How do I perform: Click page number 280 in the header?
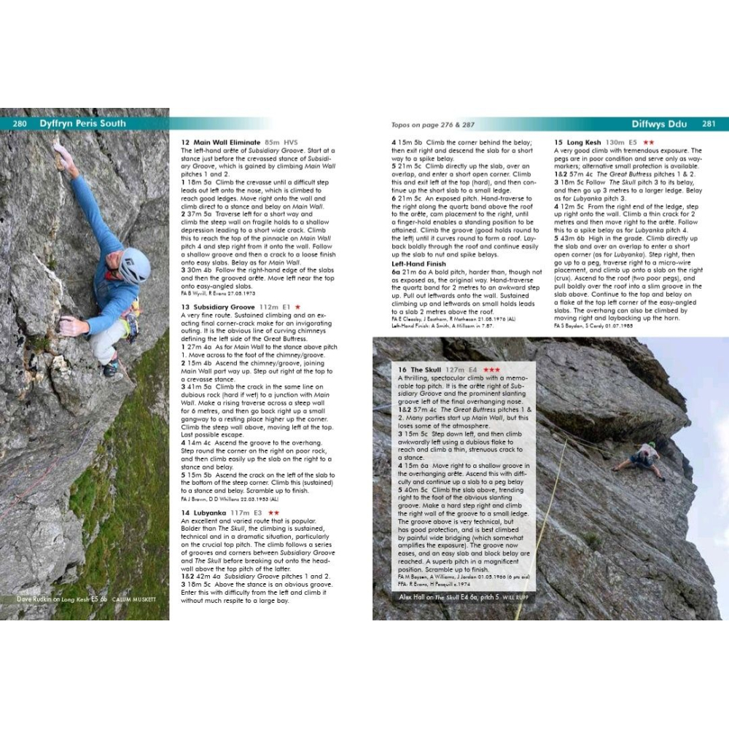(x=20, y=123)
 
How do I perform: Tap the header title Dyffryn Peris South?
(x=82, y=123)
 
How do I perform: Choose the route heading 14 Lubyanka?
(x=207, y=512)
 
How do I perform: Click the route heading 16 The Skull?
(x=422, y=370)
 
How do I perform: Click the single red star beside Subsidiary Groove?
(x=297, y=308)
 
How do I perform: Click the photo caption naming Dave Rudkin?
(x=87, y=599)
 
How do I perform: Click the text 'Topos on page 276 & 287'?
(x=427, y=125)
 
